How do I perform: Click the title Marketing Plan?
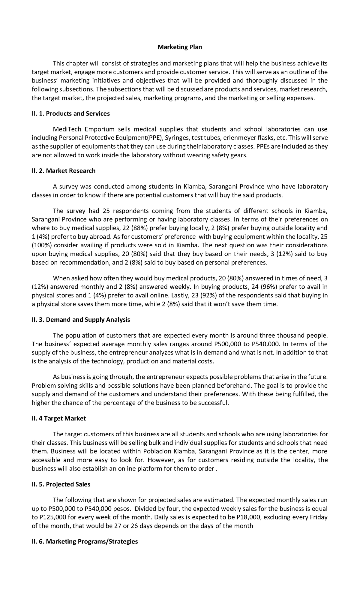pyautogui.click(x=180, y=47)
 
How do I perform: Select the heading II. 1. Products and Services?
pyautogui.click(x=71, y=114)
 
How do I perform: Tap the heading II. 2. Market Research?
pyautogui.click(x=64, y=171)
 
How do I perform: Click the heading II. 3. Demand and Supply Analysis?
pyautogui.click(x=81, y=320)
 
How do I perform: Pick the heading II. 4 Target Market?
pyautogui.click(x=59, y=418)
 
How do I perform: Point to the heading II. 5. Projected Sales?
pyautogui.click(x=61, y=484)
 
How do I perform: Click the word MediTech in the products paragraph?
pyautogui.click(x=65, y=129)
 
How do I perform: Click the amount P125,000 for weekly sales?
pyautogui.click(x=52, y=517)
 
